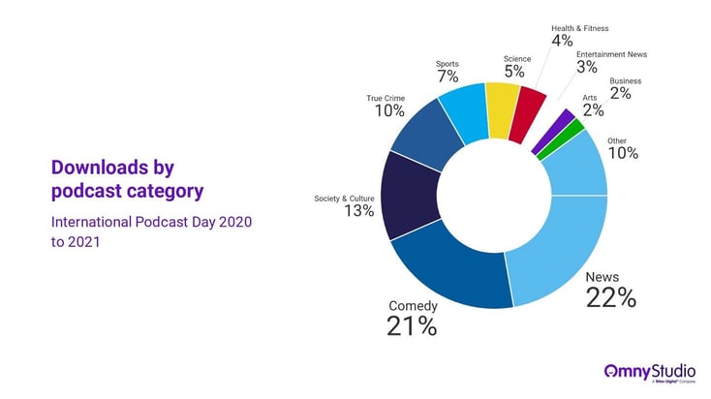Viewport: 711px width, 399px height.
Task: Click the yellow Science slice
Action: click(502, 110)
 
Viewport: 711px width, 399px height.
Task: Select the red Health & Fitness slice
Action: click(527, 115)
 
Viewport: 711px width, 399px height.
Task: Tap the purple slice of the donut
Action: click(554, 131)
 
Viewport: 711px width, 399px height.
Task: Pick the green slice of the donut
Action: click(561, 139)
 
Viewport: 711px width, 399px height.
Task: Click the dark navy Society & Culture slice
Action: click(409, 196)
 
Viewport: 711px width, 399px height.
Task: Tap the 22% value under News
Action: click(611, 298)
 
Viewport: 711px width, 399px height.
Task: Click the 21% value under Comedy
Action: click(412, 326)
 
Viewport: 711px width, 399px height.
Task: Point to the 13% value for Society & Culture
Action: click(358, 211)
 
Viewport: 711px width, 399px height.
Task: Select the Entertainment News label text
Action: click(611, 54)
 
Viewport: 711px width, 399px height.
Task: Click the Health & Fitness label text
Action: click(580, 28)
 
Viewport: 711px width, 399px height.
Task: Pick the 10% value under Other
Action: click(623, 153)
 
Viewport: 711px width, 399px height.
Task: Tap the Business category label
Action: click(626, 81)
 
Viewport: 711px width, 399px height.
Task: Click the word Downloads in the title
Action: click(100, 168)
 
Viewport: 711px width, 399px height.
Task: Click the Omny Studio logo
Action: click(650, 373)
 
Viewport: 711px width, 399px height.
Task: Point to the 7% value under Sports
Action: click(448, 77)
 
